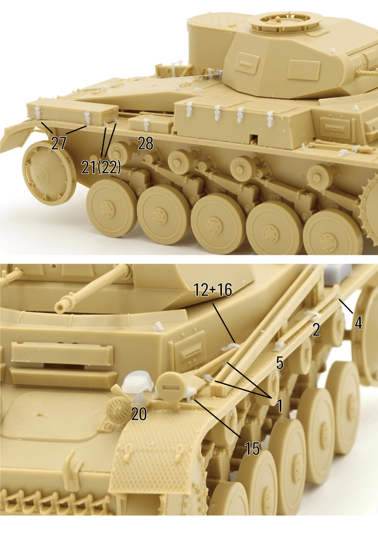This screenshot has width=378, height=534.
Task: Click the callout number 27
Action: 58,143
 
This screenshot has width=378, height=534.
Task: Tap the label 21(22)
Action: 101,167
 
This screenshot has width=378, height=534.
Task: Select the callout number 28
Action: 146,144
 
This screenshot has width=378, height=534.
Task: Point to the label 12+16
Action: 213,290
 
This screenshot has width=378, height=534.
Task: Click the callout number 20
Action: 139,414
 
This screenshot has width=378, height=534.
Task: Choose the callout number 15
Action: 252,448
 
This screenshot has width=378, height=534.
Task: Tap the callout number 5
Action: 279,363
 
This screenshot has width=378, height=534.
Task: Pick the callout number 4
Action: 358,323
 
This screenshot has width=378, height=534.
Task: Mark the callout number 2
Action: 316,329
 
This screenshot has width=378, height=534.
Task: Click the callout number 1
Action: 279,406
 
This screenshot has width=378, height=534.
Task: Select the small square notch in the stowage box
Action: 254,138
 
